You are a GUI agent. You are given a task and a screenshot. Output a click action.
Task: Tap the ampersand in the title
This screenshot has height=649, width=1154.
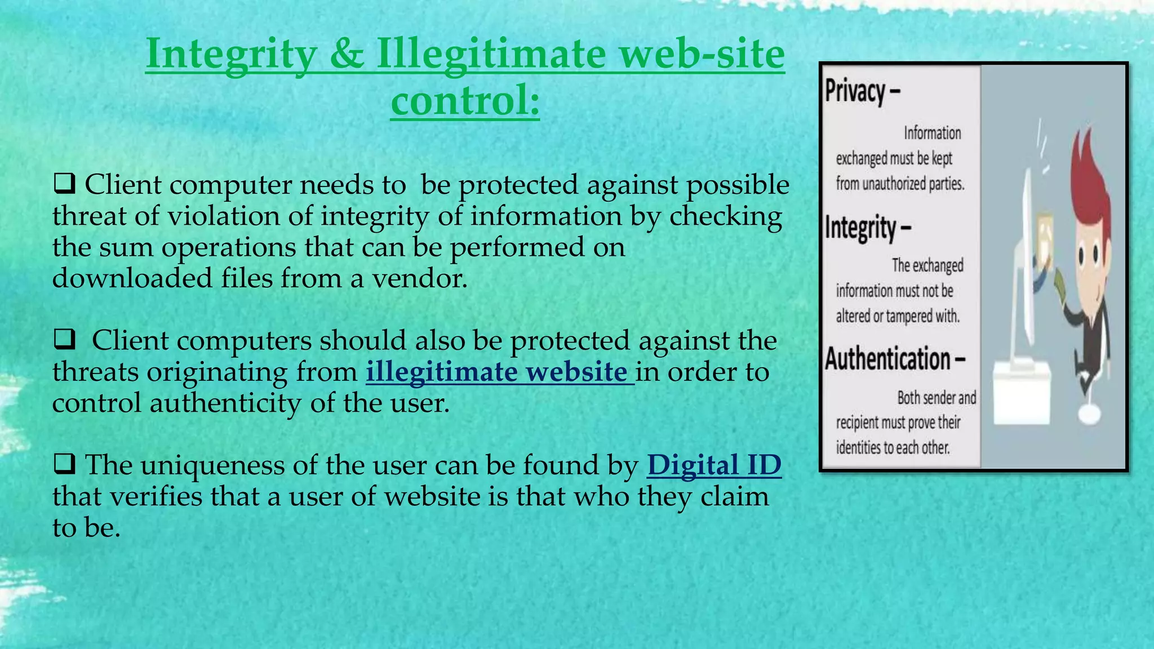(x=347, y=55)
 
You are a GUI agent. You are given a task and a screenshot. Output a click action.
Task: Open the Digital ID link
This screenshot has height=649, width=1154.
(x=714, y=465)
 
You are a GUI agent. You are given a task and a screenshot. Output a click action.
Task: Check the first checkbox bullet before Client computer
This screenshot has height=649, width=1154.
(x=64, y=184)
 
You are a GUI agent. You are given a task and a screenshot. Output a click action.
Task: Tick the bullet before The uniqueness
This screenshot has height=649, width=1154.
(x=64, y=465)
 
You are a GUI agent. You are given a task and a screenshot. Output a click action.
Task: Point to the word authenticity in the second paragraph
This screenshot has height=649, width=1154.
(x=225, y=403)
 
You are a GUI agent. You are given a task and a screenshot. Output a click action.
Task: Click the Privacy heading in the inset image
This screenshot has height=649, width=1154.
(x=855, y=91)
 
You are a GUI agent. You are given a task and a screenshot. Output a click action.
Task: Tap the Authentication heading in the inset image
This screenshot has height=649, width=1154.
(x=888, y=359)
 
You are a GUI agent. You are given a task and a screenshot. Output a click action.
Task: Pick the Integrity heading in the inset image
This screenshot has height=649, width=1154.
(x=861, y=228)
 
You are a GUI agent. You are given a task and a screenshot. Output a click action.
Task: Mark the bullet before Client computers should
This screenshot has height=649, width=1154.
(x=64, y=340)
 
